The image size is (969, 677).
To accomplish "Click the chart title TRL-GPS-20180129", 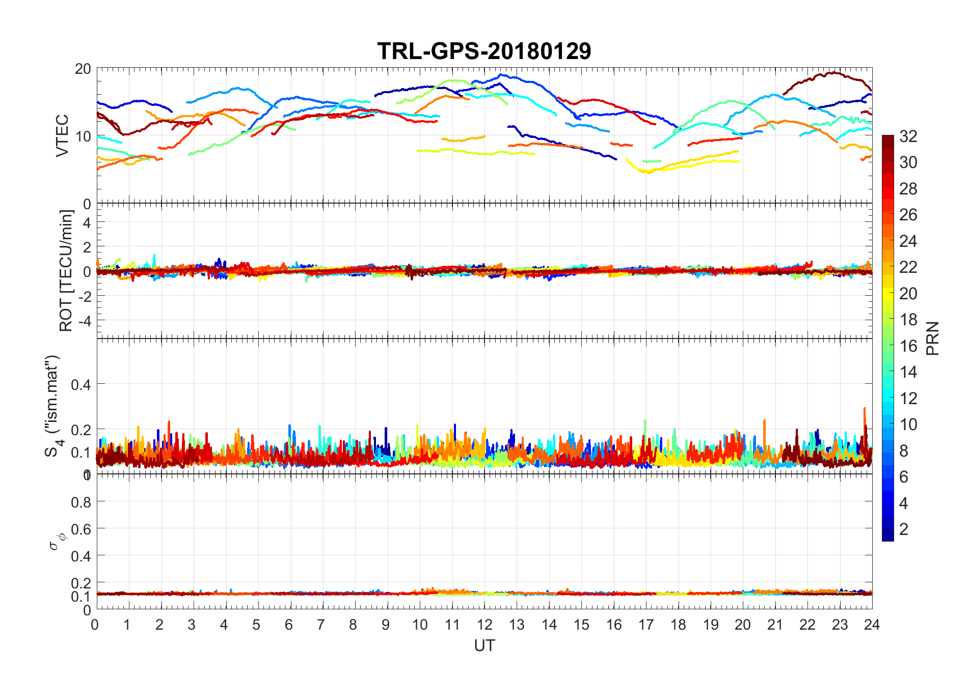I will pyautogui.click(x=484, y=51).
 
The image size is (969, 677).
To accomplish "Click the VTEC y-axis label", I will pyautogui.click(x=62, y=135).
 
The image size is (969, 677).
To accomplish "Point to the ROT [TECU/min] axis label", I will pyautogui.click(x=66, y=270).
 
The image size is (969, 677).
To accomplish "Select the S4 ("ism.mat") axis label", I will pyautogui.click(x=52, y=406).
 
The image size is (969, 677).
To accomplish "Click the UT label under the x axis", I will pyautogui.click(x=484, y=645).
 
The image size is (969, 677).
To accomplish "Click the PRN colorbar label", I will pyautogui.click(x=933, y=338).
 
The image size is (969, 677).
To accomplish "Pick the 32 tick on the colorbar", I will pyautogui.click(x=908, y=136).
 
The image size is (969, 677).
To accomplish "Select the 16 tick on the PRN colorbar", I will pyautogui.click(x=908, y=346).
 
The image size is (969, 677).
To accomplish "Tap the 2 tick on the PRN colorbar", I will pyautogui.click(x=904, y=529).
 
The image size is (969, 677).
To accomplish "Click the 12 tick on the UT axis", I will pyautogui.click(x=485, y=625).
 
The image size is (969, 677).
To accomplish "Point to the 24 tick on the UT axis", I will pyautogui.click(x=872, y=625).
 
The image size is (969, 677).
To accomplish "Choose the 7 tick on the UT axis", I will pyautogui.click(x=321, y=625).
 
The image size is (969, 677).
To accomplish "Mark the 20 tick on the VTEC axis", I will pyautogui.click(x=83, y=69).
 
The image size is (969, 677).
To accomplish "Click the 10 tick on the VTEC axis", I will pyautogui.click(x=83, y=136).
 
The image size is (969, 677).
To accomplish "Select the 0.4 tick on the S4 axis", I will pyautogui.click(x=81, y=384).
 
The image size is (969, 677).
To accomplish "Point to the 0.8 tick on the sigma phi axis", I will pyautogui.click(x=81, y=502).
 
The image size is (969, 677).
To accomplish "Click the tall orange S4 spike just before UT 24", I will pyautogui.click(x=864, y=409).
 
